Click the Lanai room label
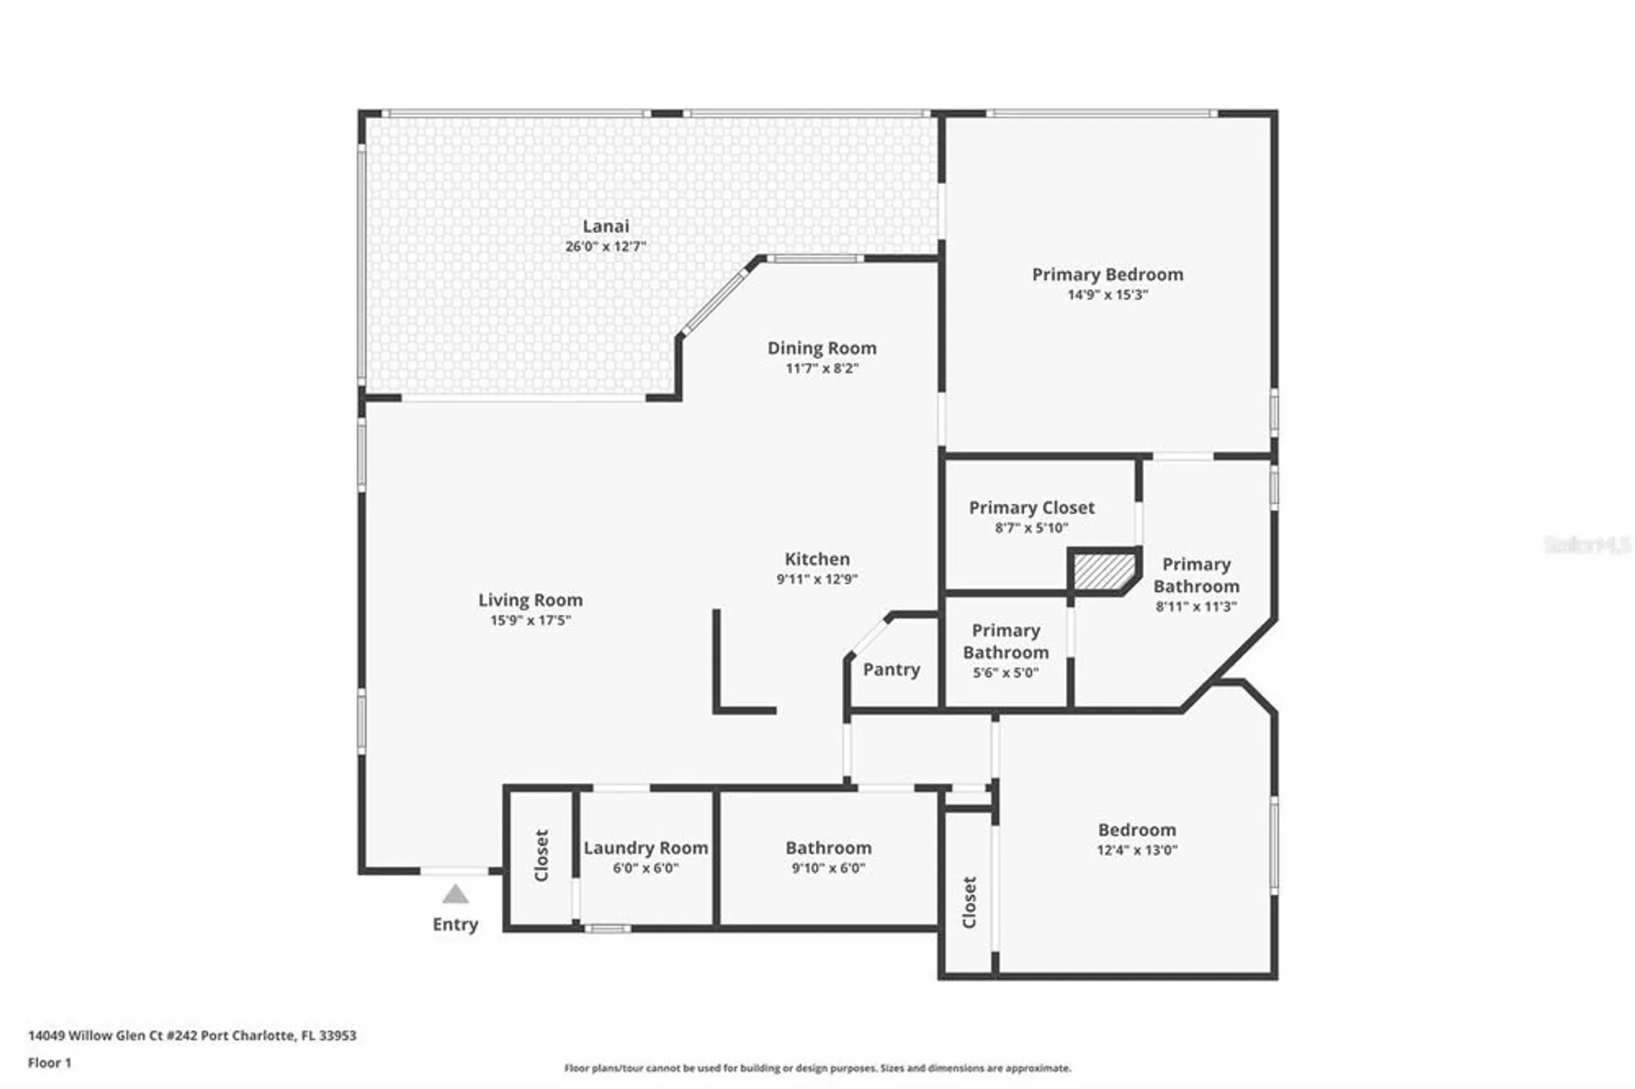pyautogui.click(x=606, y=226)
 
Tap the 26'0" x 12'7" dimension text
pyautogui.click(x=606, y=246)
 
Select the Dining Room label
pyautogui.click(x=822, y=348)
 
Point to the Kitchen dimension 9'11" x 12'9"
pyautogui.click(x=817, y=579)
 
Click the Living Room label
pyautogui.click(x=531, y=600)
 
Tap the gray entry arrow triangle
pyautogui.click(x=455, y=894)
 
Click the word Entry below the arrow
pyautogui.click(x=455, y=925)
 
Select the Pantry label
pyautogui.click(x=891, y=670)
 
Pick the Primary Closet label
pyautogui.click(x=1032, y=508)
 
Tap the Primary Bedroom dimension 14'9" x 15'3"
pyautogui.click(x=1108, y=295)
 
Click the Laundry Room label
pyautogui.click(x=646, y=848)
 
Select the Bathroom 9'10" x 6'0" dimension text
pyautogui.click(x=828, y=868)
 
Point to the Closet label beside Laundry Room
pyautogui.click(x=541, y=855)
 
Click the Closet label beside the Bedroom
pyautogui.click(x=970, y=903)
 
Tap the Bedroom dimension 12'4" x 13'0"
pyautogui.click(x=1137, y=850)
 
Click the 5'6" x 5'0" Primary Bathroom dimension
pyautogui.click(x=1006, y=673)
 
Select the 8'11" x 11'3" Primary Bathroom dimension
pyautogui.click(x=1196, y=607)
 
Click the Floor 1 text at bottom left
pyautogui.click(x=50, y=1063)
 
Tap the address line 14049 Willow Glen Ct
pyautogui.click(x=192, y=1035)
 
